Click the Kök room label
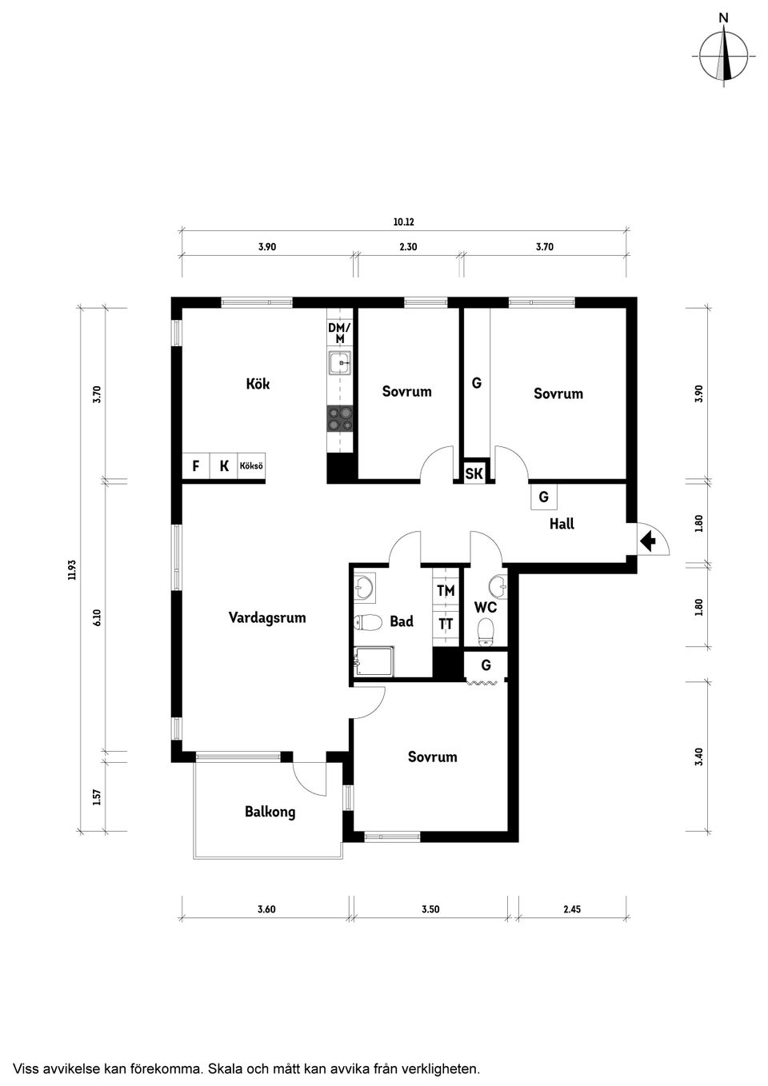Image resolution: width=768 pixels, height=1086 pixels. [x=258, y=385]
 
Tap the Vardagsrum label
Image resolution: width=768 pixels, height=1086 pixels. [x=267, y=618]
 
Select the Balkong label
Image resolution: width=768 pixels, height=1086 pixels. [x=270, y=812]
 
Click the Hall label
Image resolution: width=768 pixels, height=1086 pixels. [x=562, y=524]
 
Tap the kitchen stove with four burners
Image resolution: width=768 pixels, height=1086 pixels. [x=339, y=418]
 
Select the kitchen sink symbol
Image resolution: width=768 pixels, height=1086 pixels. [x=339, y=363]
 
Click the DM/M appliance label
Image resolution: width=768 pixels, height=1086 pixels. [x=339, y=333]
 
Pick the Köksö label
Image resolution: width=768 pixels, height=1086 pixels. [x=251, y=466]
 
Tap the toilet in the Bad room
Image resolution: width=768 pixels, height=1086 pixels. [x=367, y=622]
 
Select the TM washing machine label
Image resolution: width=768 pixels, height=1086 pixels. [x=446, y=590]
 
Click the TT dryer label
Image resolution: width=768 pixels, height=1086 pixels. [x=446, y=624]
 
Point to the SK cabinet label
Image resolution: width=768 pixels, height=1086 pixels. [x=474, y=473]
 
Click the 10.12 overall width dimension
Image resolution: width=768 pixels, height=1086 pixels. [x=404, y=222]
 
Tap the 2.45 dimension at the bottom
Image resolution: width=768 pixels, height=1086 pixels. [x=572, y=909]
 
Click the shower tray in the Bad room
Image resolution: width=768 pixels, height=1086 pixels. [x=374, y=661]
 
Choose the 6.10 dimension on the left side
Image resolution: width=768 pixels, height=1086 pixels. [x=98, y=617]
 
